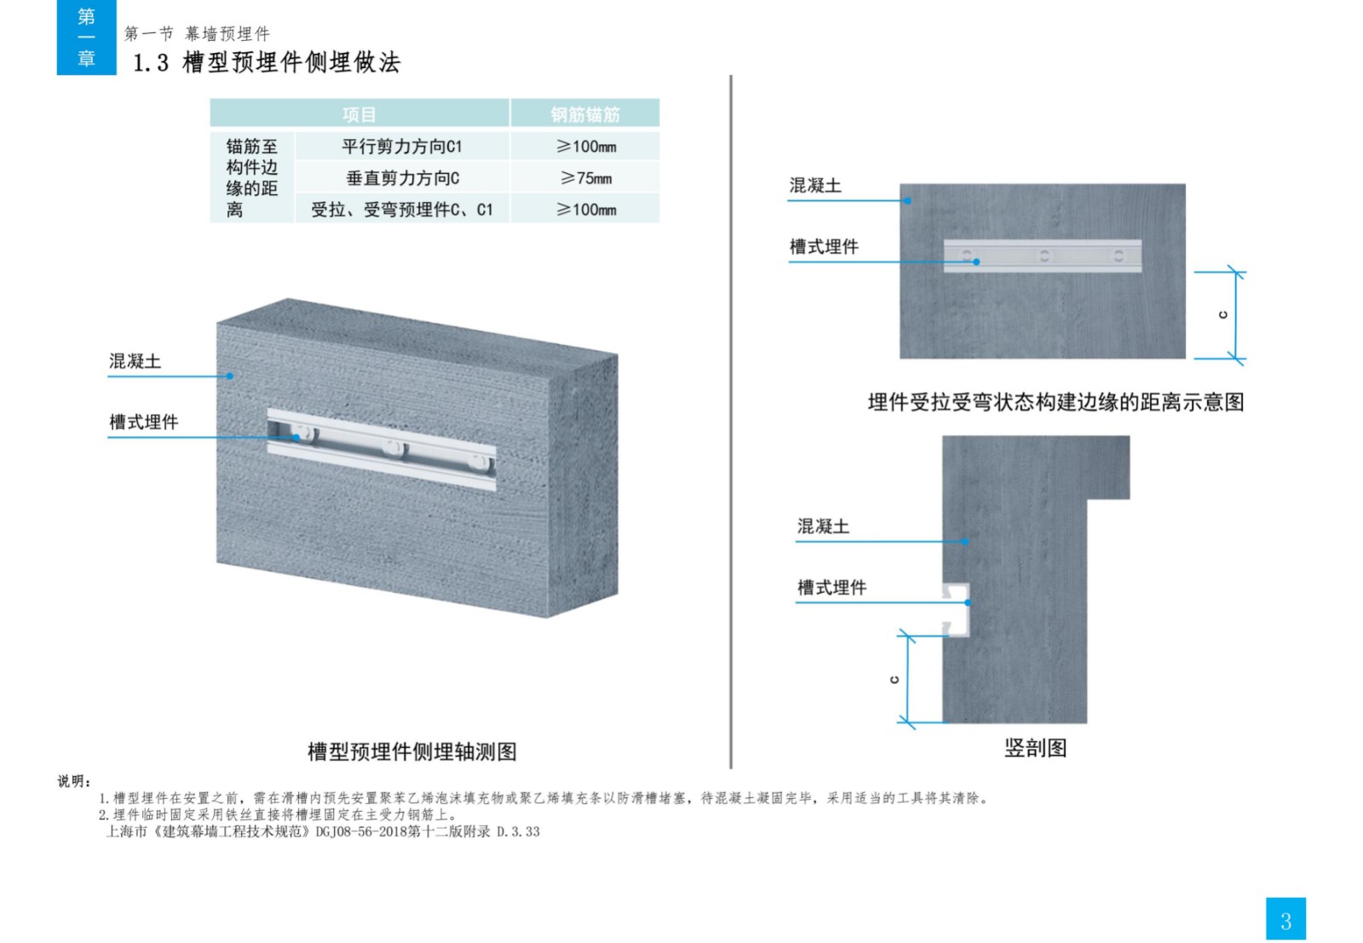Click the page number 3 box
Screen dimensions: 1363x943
pos(1285,918)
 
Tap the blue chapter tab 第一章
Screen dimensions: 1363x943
pos(86,37)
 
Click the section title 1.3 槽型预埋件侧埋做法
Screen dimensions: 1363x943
pos(267,63)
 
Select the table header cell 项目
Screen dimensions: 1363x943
pos(359,113)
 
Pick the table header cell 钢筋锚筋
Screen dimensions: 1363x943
pos(584,113)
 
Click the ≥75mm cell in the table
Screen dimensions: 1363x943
pos(585,178)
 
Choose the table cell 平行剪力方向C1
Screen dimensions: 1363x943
pos(401,146)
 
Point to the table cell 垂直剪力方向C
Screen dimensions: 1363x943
pos(402,178)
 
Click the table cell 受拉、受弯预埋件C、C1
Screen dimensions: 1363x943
pos(401,210)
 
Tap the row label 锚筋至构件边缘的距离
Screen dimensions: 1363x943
pos(252,178)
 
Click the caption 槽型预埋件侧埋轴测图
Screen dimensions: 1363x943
pos(412,751)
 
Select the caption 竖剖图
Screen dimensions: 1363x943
pos(1035,748)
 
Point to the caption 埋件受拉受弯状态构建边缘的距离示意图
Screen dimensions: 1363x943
pos(1055,401)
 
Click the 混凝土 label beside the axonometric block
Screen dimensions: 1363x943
pos(135,361)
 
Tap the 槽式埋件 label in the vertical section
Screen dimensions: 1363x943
pos(831,587)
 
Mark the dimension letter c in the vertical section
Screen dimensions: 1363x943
pos(894,680)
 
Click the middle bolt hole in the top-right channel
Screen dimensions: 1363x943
pos(1044,256)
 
